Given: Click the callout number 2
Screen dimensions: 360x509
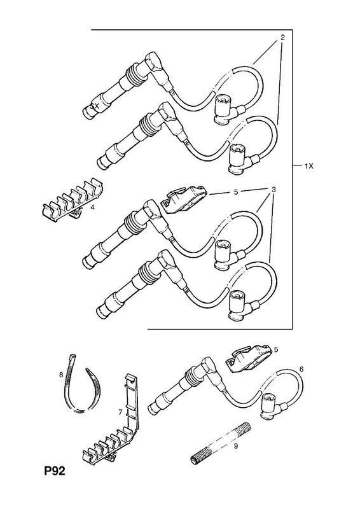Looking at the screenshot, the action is tap(282, 38).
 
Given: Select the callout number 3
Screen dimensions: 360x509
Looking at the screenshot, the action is tap(273, 189).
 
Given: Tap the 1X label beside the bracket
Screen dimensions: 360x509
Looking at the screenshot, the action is tap(308, 166).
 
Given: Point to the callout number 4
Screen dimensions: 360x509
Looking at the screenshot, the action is tap(92, 207).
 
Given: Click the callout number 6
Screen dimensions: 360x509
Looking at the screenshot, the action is tap(301, 369).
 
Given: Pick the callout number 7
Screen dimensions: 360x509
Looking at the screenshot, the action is tap(120, 412).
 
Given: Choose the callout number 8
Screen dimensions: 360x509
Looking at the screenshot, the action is tap(60, 375).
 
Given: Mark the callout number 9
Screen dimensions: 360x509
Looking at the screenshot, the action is tap(236, 446).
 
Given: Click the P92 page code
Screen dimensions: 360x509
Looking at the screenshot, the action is tap(55, 471).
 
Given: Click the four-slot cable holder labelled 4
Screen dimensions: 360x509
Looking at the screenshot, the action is tap(73, 199).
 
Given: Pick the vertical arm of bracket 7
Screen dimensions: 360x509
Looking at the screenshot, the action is tap(133, 403).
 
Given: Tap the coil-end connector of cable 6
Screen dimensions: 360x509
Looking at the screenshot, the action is tap(274, 405).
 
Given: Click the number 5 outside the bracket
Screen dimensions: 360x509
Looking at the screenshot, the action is tap(276, 349).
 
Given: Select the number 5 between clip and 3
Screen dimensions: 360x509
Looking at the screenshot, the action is tap(236, 192).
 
